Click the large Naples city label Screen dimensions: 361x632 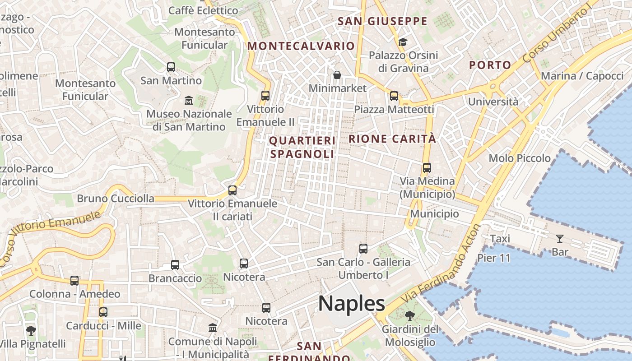(352, 304)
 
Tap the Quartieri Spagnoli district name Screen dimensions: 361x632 (302, 148)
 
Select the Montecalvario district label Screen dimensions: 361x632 (301, 46)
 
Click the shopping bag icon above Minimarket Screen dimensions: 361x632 (337, 74)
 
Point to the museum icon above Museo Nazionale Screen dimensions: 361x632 (189, 100)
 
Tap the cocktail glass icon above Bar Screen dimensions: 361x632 (560, 238)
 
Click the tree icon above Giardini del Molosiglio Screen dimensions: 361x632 (410, 315)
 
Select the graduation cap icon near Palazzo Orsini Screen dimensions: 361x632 (403, 42)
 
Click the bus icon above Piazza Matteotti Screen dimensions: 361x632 (394, 96)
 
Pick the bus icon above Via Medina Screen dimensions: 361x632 (427, 168)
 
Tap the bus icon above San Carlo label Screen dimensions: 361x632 (363, 248)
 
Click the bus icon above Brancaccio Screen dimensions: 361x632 (175, 265)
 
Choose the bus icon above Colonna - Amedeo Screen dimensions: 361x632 (74, 281)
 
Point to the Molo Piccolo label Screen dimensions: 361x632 (520, 158)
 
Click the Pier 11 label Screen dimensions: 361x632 (494, 258)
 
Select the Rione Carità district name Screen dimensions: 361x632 (392, 139)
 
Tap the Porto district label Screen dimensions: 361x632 (490, 65)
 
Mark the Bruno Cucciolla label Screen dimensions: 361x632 (116, 199)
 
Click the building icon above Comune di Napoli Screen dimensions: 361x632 (213, 328)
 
